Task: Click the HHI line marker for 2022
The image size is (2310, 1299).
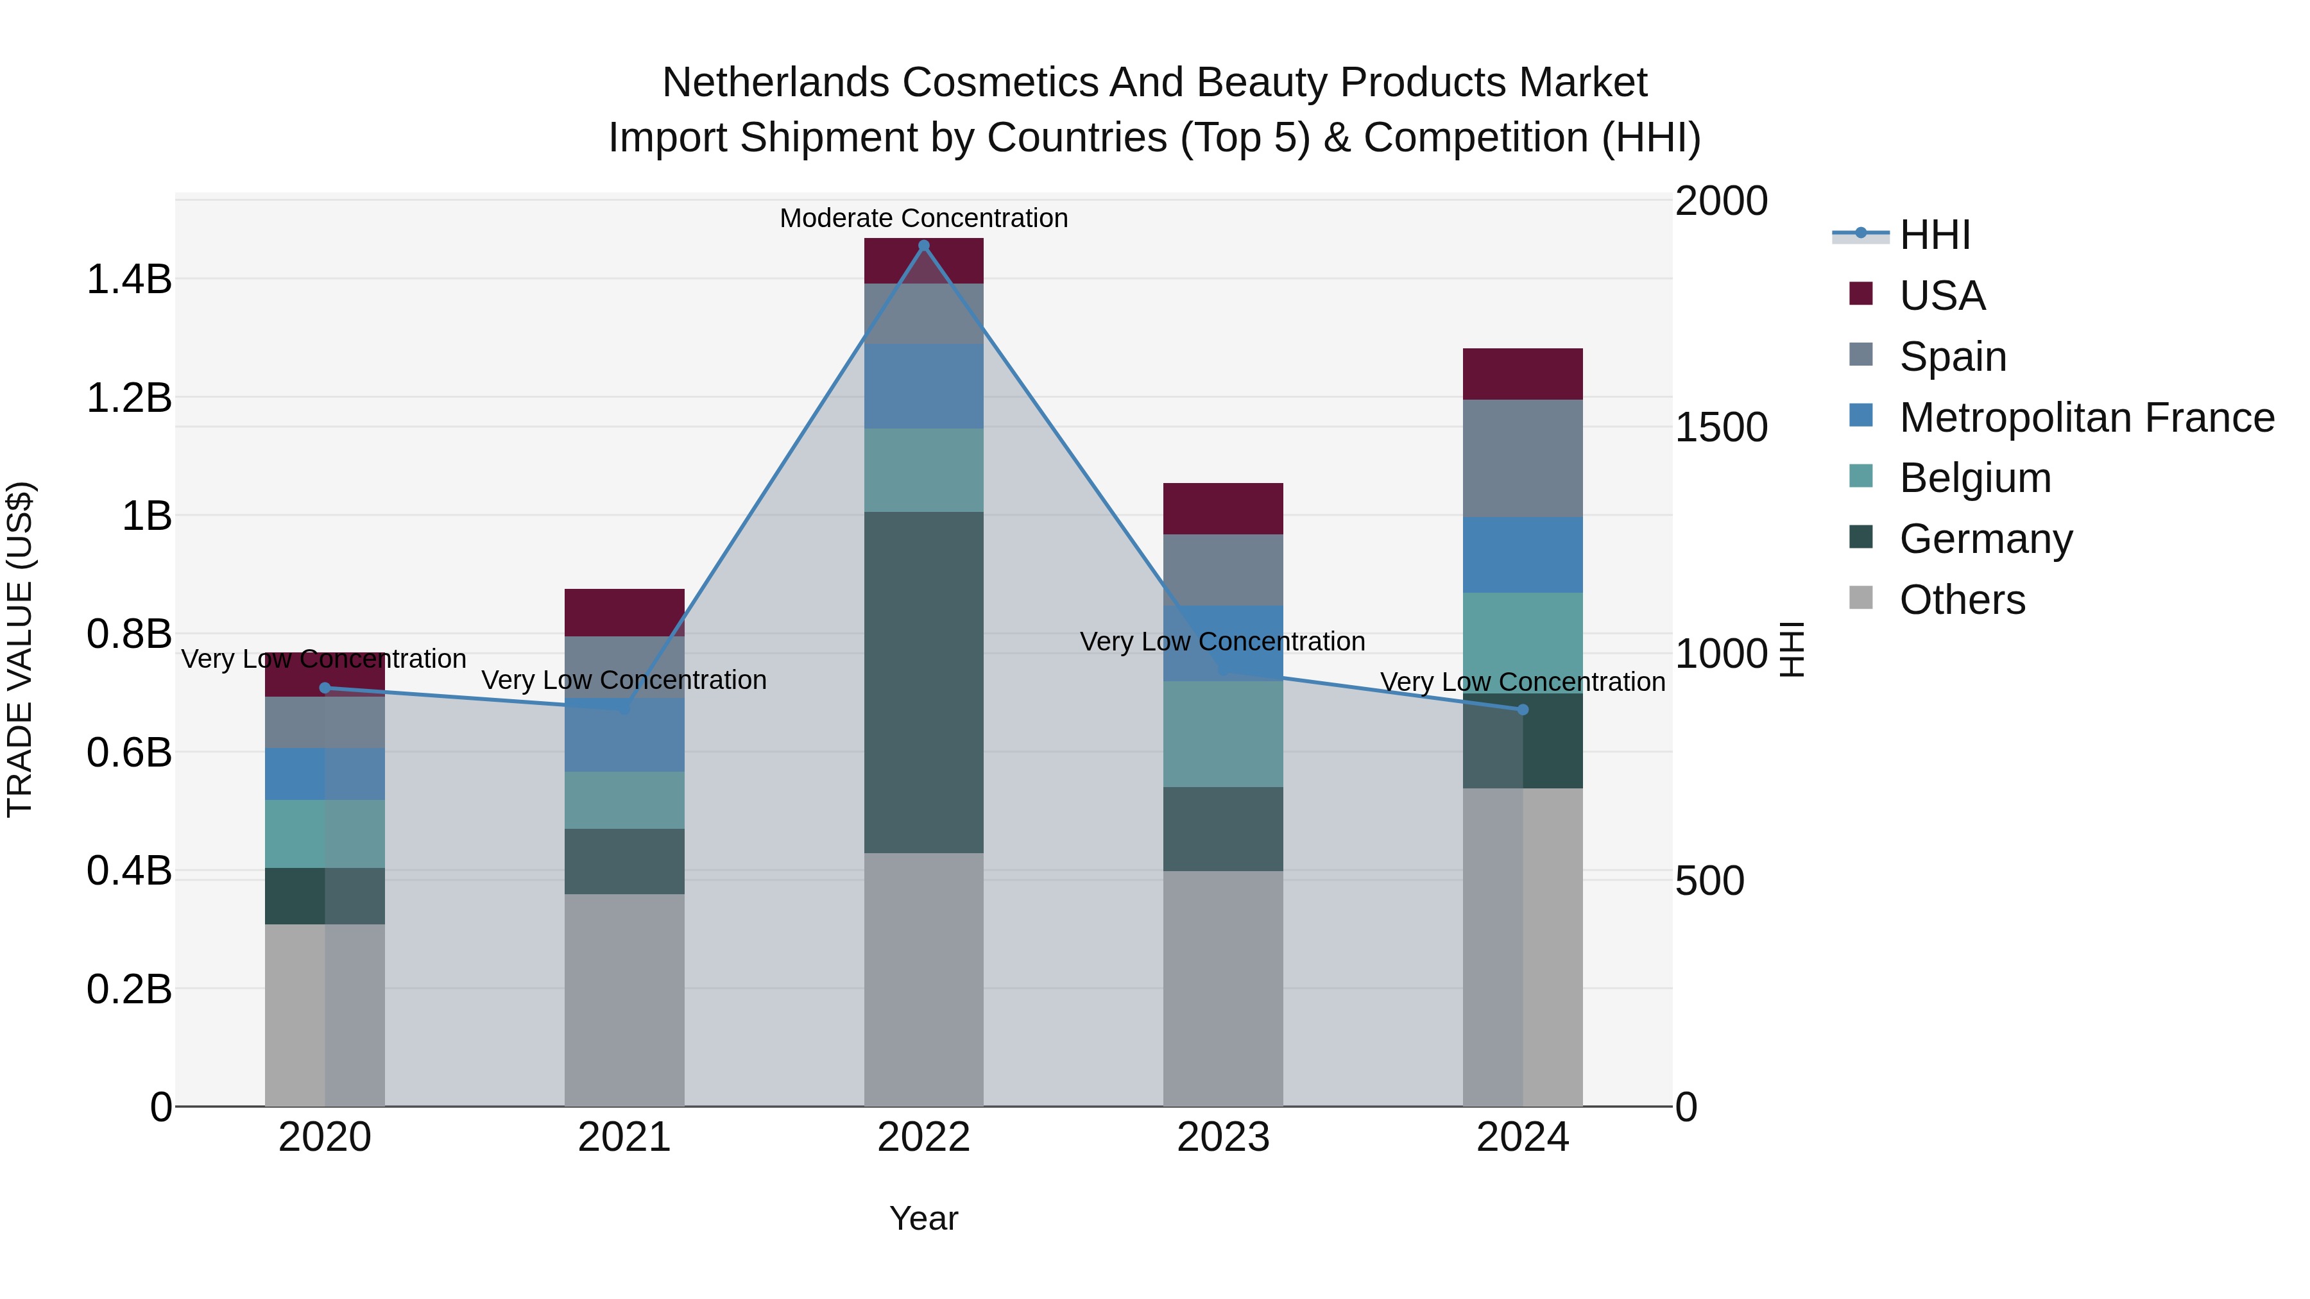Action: pyautogui.click(x=923, y=246)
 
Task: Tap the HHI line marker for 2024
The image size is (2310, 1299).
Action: pyautogui.click(x=1523, y=709)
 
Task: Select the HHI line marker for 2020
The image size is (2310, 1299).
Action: pyautogui.click(x=325, y=688)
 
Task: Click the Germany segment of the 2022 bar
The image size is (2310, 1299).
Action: pyautogui.click(x=923, y=681)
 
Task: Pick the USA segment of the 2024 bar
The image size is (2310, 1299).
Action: pyautogui.click(x=1523, y=374)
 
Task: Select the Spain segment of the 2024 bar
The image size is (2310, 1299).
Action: pyautogui.click(x=1523, y=458)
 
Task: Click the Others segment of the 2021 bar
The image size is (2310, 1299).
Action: pyautogui.click(x=624, y=999)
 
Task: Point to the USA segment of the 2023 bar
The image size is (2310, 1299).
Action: pyautogui.click(x=1223, y=508)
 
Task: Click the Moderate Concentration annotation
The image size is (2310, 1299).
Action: pyautogui.click(x=923, y=218)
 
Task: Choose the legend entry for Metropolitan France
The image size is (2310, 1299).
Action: pyautogui.click(x=2086, y=417)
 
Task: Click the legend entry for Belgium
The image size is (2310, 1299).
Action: pyautogui.click(x=1974, y=478)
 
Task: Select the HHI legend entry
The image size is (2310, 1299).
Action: pyautogui.click(x=1934, y=235)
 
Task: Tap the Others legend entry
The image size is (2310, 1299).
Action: pyautogui.click(x=1962, y=600)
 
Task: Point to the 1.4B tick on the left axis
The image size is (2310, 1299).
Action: pyautogui.click(x=128, y=280)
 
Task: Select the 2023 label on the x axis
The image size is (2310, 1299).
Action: pyautogui.click(x=1223, y=1137)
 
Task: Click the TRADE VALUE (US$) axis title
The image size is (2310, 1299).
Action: pyautogui.click(x=20, y=649)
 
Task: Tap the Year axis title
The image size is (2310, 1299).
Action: pyautogui.click(x=923, y=1218)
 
